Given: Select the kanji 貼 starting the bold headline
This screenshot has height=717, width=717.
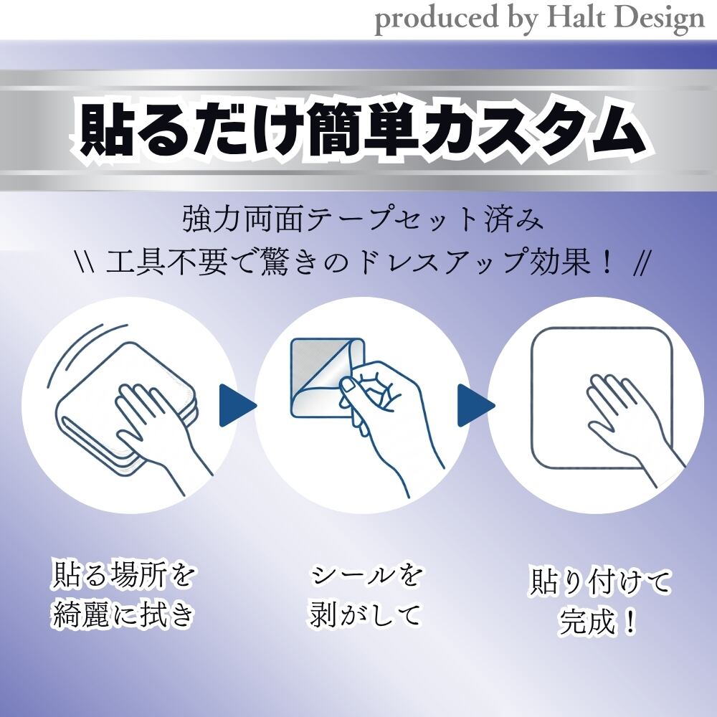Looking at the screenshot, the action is (103, 131).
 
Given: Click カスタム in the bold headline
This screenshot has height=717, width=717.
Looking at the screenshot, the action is (529, 131).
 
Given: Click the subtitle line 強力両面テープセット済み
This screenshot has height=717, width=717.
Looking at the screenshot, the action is (364, 219).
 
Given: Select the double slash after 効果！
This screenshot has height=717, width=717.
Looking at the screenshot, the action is (640, 264).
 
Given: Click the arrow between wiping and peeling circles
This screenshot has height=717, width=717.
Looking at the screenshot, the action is (237, 405).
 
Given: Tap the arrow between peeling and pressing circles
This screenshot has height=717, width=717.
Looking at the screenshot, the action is (476, 405).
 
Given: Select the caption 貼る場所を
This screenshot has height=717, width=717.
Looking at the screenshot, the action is (123, 574).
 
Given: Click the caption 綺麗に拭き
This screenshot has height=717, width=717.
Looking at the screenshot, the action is (123, 614).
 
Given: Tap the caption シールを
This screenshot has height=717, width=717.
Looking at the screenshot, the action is (364, 574).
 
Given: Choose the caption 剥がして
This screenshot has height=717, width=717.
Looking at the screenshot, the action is (364, 614).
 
